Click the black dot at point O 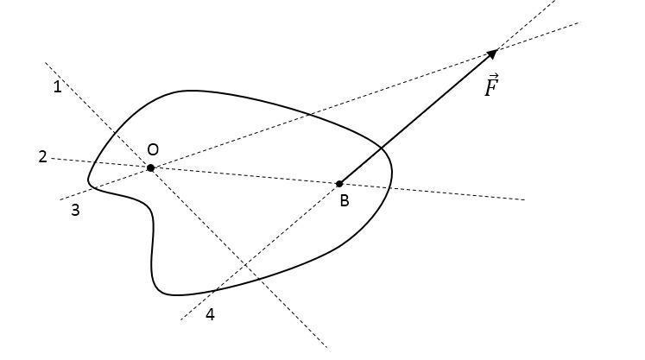[x=150, y=167]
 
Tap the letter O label [x=153, y=148]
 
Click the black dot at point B [x=339, y=183]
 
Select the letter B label [x=344, y=201]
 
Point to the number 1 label [x=57, y=86]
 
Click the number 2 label [x=42, y=156]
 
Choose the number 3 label [x=75, y=210]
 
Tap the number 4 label [x=210, y=314]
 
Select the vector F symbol [x=491, y=87]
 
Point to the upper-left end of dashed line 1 [x=46, y=62]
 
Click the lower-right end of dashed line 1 [x=326, y=347]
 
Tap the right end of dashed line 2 [x=525, y=199]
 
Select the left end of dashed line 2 [x=52, y=158]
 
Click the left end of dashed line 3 [x=59, y=200]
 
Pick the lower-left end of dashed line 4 [x=180, y=320]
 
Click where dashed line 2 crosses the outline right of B [x=391, y=187]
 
